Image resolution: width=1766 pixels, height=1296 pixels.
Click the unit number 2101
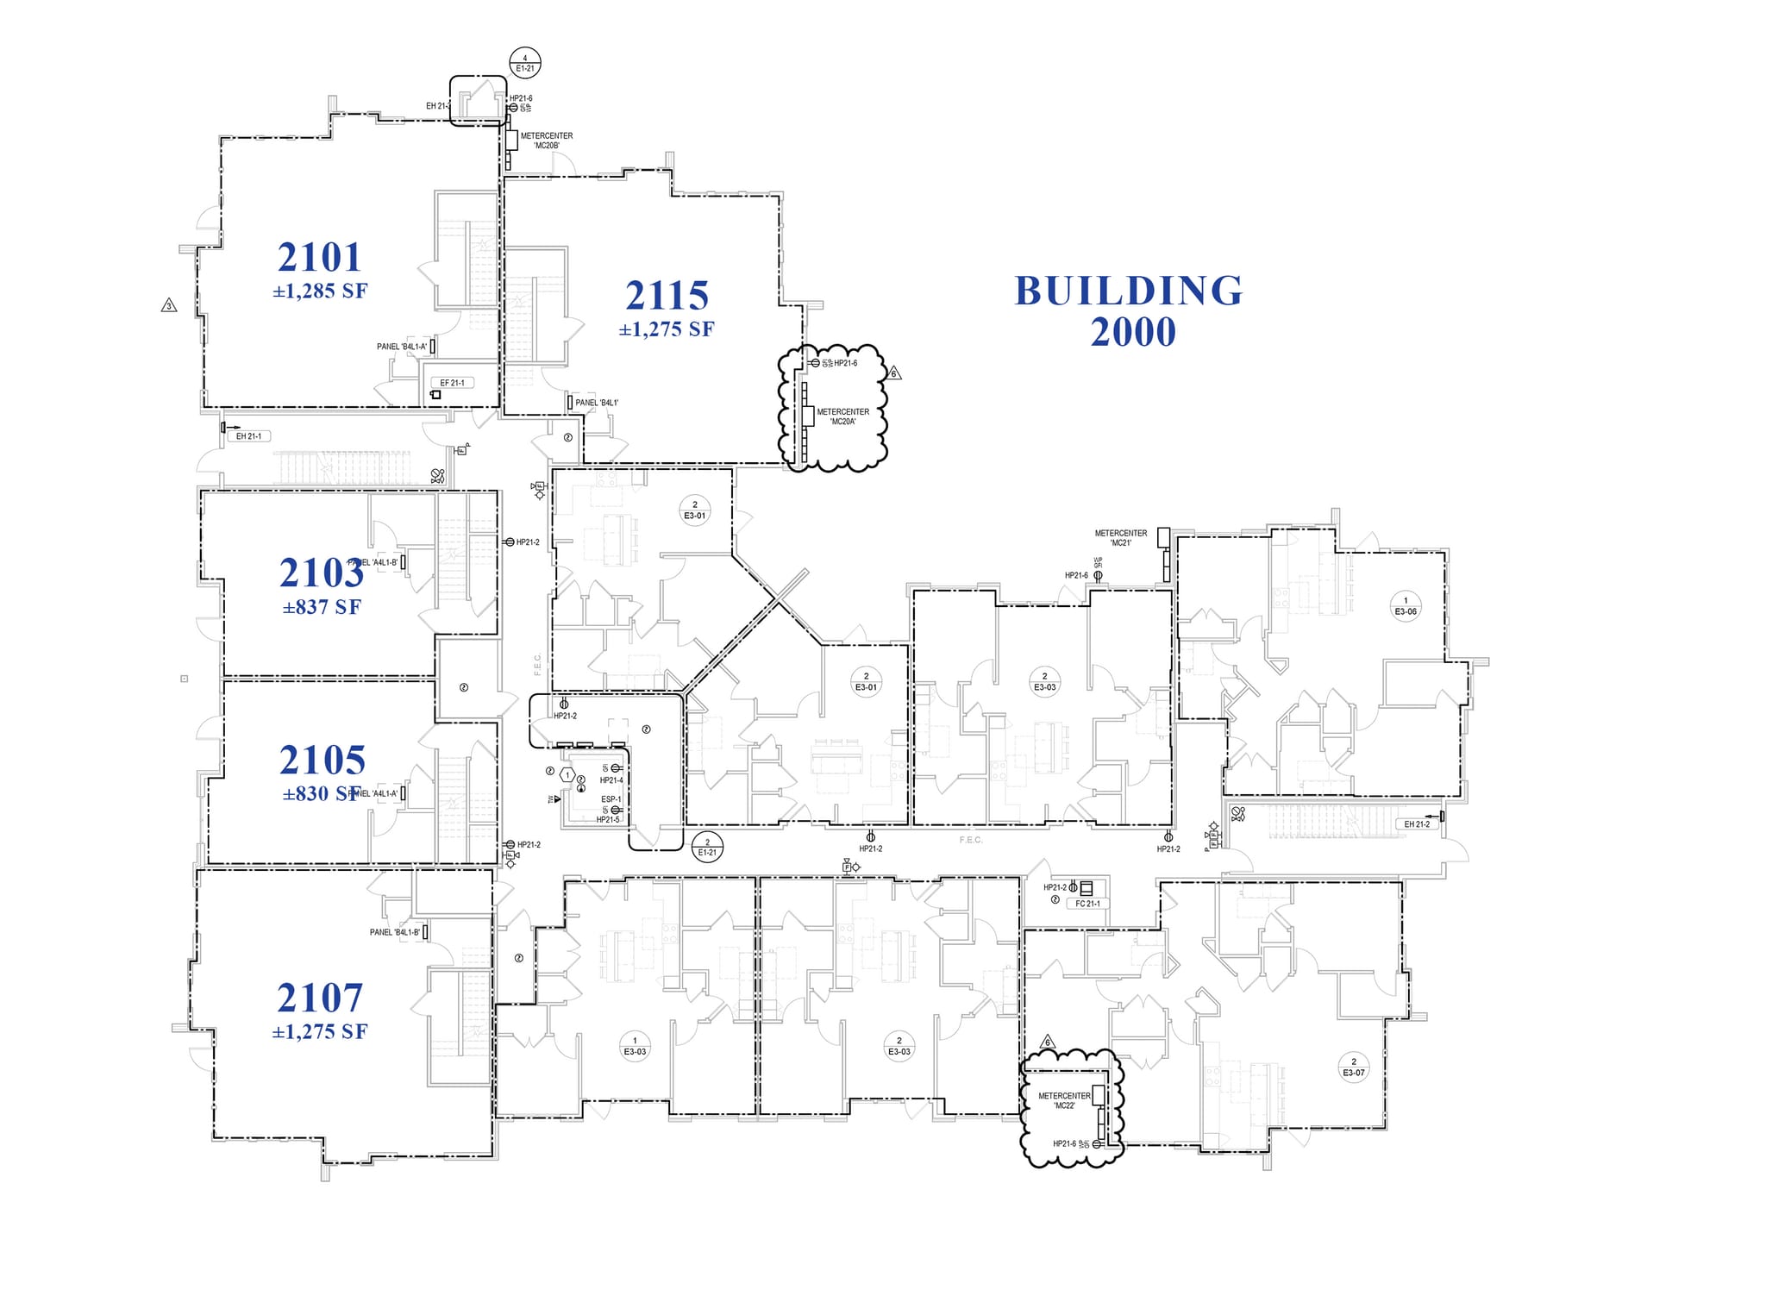coord(319,257)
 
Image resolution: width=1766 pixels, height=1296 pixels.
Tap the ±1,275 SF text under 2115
coord(666,329)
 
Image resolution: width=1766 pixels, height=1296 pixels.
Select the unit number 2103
coord(321,573)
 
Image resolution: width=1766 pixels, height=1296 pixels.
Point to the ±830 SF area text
coord(320,794)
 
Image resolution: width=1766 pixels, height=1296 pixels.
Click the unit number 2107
coord(320,998)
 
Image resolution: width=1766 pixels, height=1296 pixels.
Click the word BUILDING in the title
coord(1129,291)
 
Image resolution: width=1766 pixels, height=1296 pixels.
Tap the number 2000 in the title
coord(1132,333)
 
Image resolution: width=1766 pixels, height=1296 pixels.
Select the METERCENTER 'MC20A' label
coord(842,416)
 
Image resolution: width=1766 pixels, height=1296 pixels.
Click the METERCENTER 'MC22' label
coord(1064,1100)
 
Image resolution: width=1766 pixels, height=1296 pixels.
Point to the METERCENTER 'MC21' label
coord(1120,538)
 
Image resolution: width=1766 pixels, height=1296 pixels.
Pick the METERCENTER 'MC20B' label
coord(546,141)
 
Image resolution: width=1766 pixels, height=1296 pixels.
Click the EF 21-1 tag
coord(452,383)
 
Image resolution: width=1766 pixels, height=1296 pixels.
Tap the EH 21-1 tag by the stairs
coord(248,436)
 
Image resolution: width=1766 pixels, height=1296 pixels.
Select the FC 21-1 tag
coord(1087,904)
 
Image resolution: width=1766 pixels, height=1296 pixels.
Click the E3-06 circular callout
coord(1406,606)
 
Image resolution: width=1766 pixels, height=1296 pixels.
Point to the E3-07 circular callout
coord(1353,1067)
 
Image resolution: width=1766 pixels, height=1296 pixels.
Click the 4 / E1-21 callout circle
coord(525,64)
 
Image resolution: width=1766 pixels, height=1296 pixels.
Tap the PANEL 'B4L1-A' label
coord(401,347)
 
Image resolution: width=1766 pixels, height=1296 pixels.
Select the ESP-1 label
coord(611,799)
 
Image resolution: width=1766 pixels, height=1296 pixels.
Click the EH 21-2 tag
coord(1417,824)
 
